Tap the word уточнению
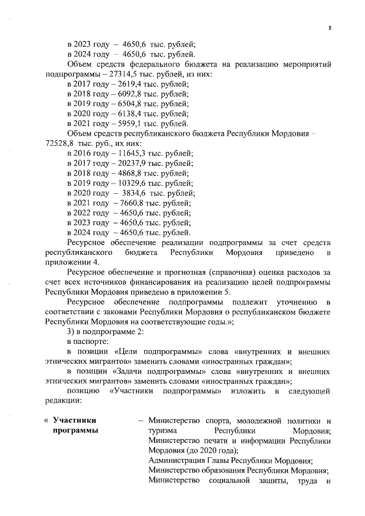286,301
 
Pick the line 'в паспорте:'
87,340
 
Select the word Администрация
176,460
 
